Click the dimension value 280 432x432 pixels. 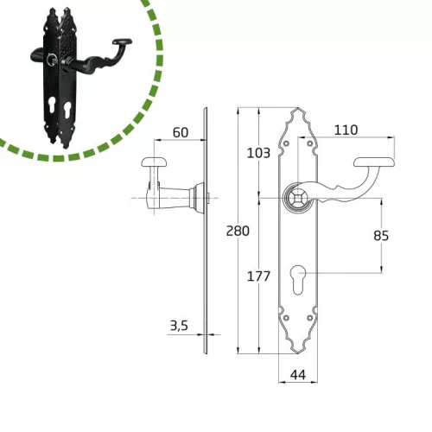pos(238,231)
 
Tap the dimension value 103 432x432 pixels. pos(258,153)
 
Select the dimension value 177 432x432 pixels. pos(258,276)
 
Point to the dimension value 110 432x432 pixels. pos(346,130)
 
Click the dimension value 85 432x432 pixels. pos(381,236)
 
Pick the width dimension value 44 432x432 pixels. pos(298,375)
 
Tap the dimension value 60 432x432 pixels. pos(181,132)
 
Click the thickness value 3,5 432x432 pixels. pos(179,326)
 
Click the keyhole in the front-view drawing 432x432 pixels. pos(298,280)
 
